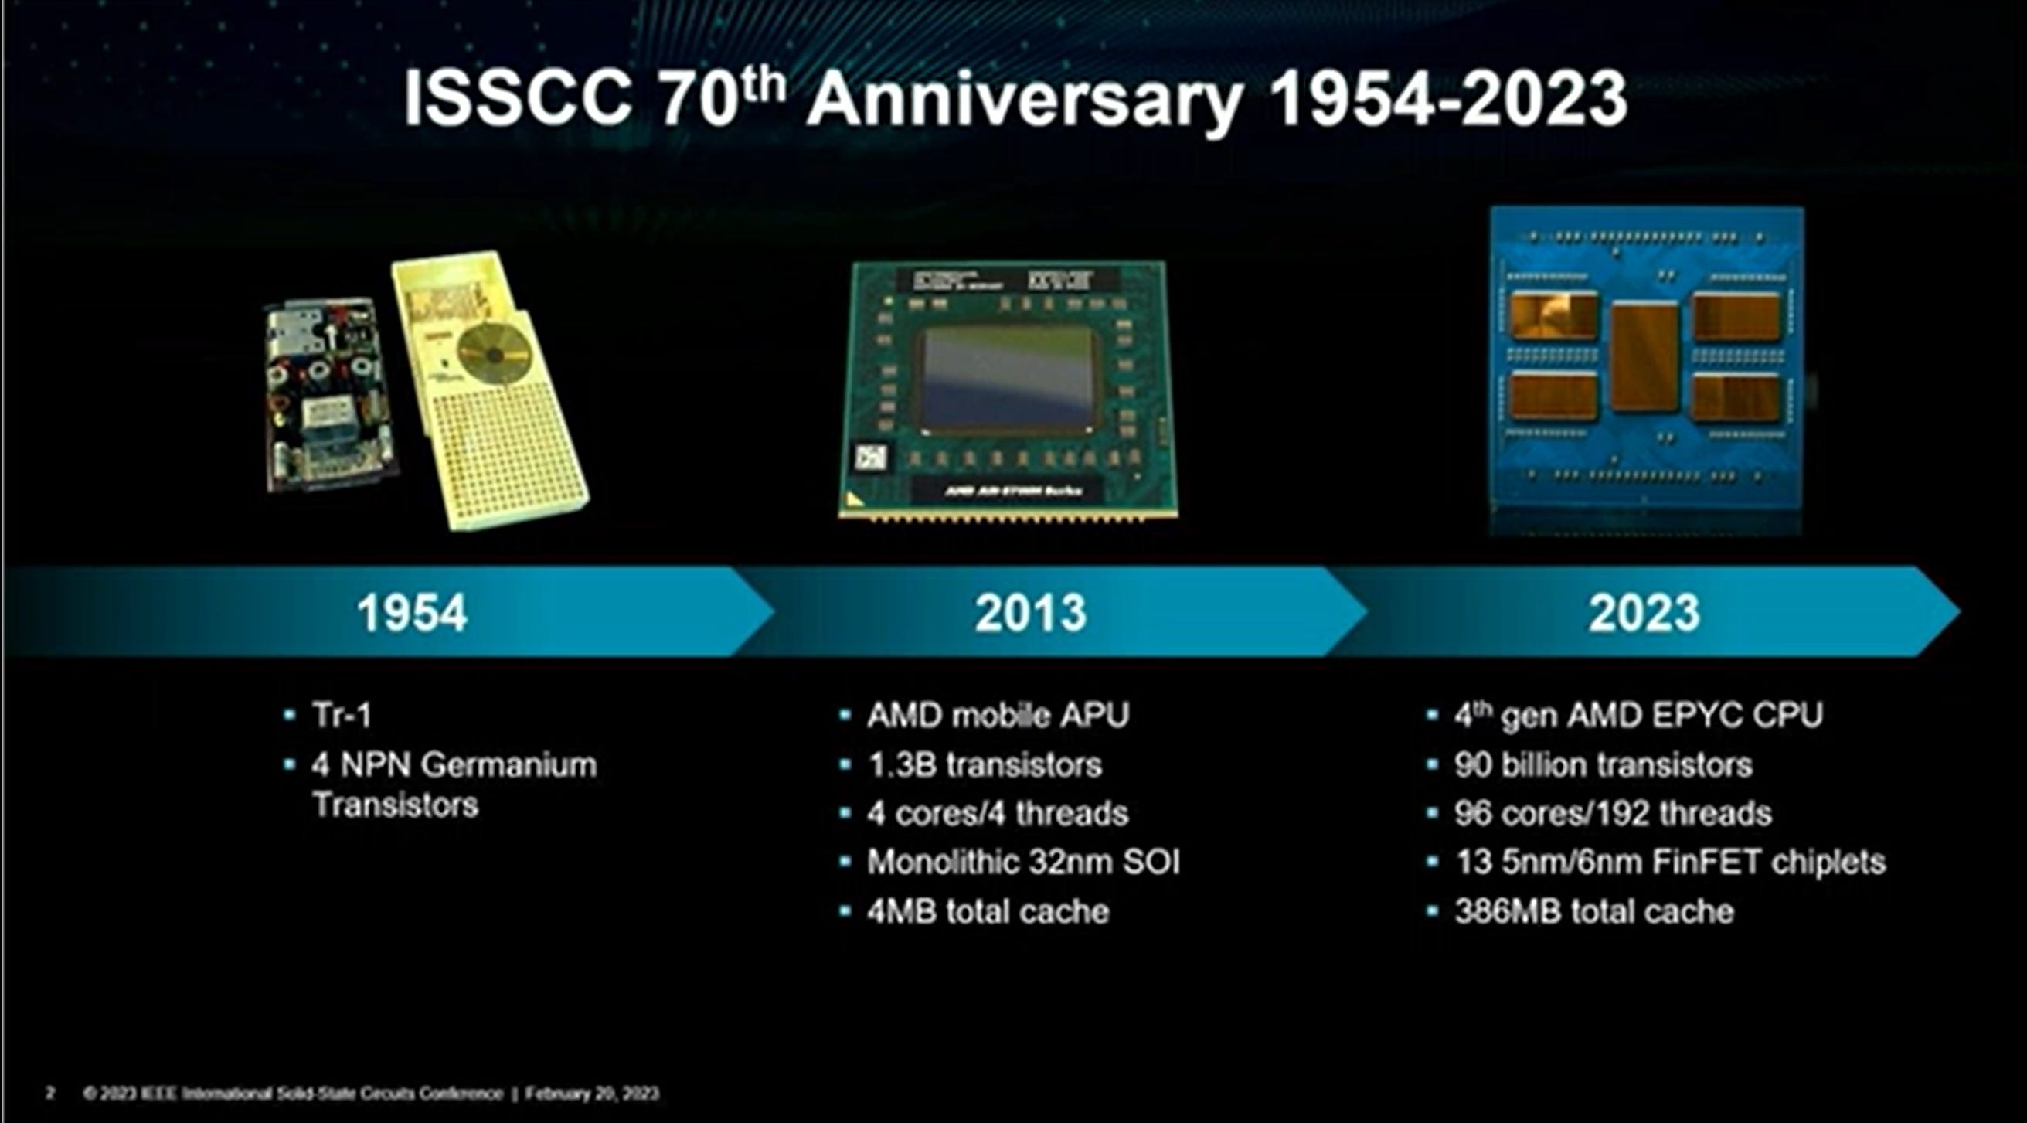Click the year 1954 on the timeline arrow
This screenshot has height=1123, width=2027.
(412, 613)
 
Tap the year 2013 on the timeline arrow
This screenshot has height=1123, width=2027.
(1030, 613)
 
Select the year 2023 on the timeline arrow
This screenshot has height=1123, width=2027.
(1643, 613)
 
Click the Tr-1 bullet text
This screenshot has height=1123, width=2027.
(342, 716)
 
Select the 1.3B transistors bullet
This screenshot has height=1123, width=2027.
(984, 765)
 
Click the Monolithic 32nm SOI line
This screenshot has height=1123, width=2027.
(1023, 863)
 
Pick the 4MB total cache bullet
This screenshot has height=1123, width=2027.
(988, 912)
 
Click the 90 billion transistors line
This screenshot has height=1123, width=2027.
(1603, 765)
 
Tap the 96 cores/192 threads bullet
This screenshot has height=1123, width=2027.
(1612, 814)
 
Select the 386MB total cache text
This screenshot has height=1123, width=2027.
(1593, 912)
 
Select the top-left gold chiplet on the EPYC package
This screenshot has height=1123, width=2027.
(1553, 315)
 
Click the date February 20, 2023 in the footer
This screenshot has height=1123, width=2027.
(592, 1093)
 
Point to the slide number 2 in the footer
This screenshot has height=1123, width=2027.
(50, 1093)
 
